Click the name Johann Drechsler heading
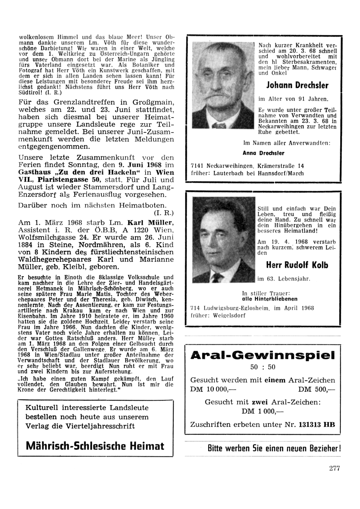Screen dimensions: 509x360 pos(297,85)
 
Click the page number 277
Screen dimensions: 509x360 pos(334,468)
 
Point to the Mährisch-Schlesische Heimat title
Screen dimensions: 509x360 pos(95,446)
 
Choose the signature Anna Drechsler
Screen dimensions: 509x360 pos(263,153)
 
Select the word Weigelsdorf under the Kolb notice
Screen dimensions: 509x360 pos(230,315)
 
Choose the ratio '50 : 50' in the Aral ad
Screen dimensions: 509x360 pos(262,367)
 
